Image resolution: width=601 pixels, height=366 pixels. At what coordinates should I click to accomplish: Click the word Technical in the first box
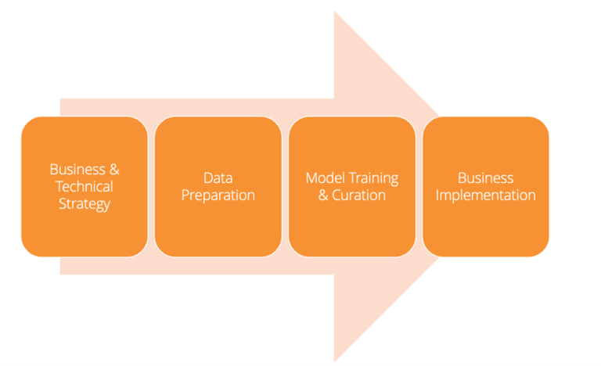pyautogui.click(x=85, y=187)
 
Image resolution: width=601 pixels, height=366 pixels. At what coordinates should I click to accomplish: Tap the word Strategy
pyautogui.click(x=85, y=204)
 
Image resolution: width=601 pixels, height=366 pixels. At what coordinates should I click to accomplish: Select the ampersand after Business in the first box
pyautogui.click(x=114, y=170)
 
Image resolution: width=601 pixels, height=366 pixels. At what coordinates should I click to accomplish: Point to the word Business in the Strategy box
pyautogui.click(x=77, y=170)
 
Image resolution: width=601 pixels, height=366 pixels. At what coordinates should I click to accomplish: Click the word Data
pyautogui.click(x=218, y=178)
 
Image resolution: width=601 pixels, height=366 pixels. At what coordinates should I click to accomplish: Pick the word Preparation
pyautogui.click(x=218, y=196)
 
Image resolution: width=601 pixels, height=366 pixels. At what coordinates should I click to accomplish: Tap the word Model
pyautogui.click(x=325, y=178)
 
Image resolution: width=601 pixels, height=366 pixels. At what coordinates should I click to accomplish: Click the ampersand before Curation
pyautogui.click(x=323, y=196)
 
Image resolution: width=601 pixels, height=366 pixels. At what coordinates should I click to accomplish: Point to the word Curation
pyautogui.click(x=358, y=196)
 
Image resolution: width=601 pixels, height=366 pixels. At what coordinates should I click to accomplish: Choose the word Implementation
pyautogui.click(x=486, y=196)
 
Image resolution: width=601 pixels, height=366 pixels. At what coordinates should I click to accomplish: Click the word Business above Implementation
pyautogui.click(x=486, y=178)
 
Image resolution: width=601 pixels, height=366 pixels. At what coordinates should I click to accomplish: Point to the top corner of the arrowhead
pyautogui.click(x=334, y=11)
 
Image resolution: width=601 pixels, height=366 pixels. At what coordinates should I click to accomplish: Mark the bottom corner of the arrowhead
pyautogui.click(x=334, y=362)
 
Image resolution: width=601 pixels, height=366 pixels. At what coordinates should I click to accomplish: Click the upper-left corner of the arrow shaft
pyautogui.click(x=60, y=99)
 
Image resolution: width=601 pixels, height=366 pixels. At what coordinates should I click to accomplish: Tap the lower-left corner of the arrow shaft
pyautogui.click(x=60, y=274)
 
